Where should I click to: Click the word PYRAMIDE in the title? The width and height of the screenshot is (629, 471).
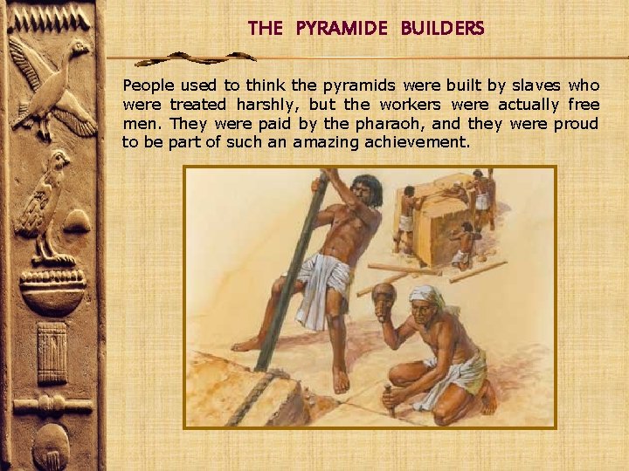click(342, 28)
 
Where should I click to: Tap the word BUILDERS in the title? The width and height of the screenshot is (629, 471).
click(442, 28)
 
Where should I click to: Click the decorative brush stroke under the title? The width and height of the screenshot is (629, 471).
click(197, 58)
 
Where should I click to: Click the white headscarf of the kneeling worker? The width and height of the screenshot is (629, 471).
click(427, 297)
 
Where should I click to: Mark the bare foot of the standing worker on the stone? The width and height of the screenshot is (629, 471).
click(340, 379)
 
